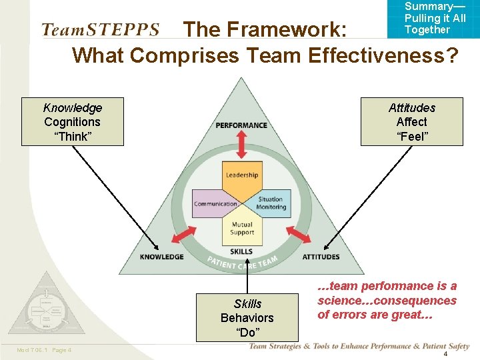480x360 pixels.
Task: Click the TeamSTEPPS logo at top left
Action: coord(101,30)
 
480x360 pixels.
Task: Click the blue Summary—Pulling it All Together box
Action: coord(434,18)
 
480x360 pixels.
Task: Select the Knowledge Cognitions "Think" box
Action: coord(73,122)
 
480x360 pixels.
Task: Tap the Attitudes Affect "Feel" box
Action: coord(411,122)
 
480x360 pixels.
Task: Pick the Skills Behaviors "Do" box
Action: coord(247,318)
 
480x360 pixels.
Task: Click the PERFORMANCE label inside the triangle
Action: coord(241,125)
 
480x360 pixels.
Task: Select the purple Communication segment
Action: coord(216,204)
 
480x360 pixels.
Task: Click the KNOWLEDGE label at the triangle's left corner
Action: coord(162,257)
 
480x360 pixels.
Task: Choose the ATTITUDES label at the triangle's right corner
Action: coord(321,257)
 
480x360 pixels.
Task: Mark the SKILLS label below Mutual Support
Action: coord(241,251)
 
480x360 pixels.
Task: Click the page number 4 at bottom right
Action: coord(445,354)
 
